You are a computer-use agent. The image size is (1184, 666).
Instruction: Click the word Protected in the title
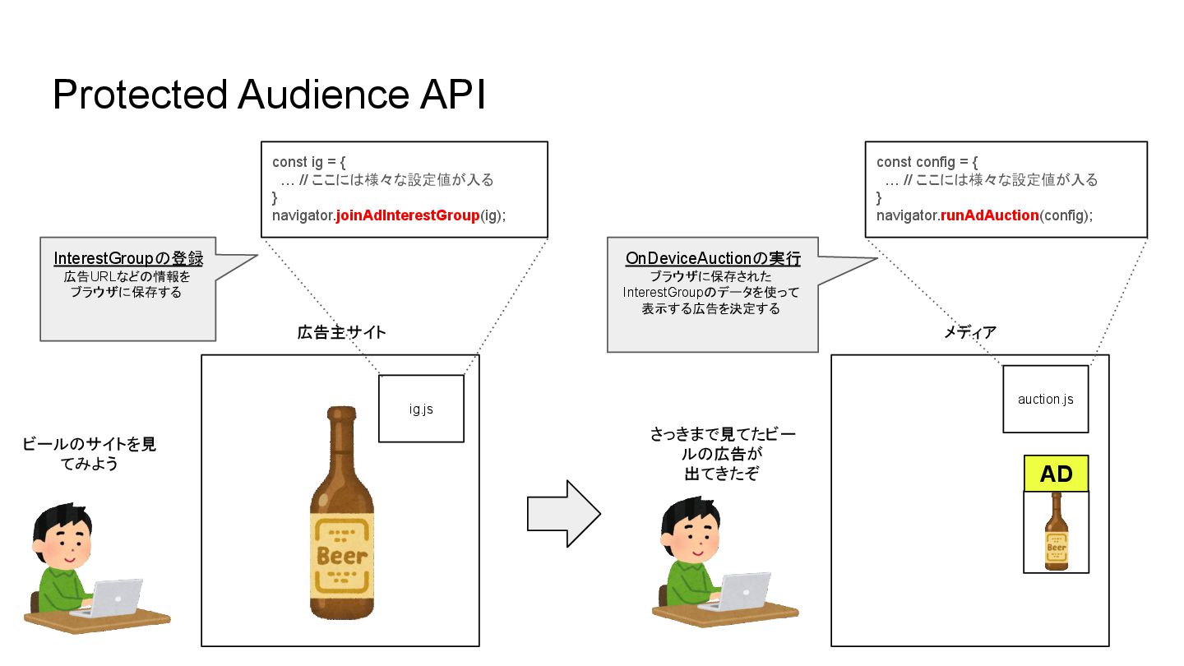pyautogui.click(x=140, y=95)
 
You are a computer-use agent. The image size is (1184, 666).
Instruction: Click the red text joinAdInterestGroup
pyautogui.click(x=407, y=215)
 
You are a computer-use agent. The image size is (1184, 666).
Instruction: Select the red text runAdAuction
pyautogui.click(x=989, y=215)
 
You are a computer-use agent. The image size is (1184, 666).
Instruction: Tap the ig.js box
pyautogui.click(x=421, y=409)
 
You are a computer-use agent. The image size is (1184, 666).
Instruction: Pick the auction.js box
pyautogui.click(x=1045, y=400)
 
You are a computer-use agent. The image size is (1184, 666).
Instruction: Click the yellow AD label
pyautogui.click(x=1056, y=474)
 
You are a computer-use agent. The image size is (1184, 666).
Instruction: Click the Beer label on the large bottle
pyautogui.click(x=341, y=554)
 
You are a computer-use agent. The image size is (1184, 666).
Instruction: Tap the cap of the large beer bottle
pyautogui.click(x=341, y=414)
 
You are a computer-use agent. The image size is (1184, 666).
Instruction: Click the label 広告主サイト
pyautogui.click(x=341, y=333)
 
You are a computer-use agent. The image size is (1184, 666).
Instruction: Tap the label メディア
pyautogui.click(x=970, y=333)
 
